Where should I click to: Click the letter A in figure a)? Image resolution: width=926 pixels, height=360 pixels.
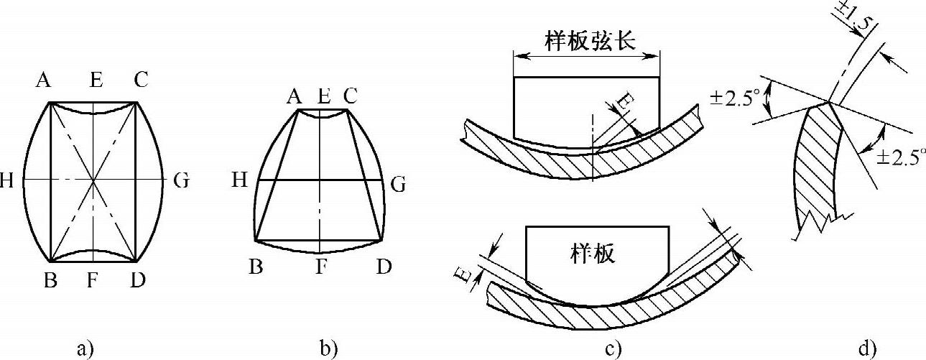pyautogui.click(x=44, y=80)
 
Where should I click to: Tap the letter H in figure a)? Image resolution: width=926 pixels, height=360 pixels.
pyautogui.click(x=8, y=180)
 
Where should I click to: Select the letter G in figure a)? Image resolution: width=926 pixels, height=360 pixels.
pyautogui.click(x=180, y=180)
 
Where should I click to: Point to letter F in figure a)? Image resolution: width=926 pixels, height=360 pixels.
pyautogui.click(x=92, y=280)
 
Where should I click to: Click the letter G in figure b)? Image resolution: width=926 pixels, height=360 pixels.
pyautogui.click(x=397, y=185)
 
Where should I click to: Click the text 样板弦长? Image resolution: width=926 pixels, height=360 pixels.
pyautogui.click(x=585, y=42)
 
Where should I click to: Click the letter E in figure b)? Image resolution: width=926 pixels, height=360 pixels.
pyautogui.click(x=324, y=94)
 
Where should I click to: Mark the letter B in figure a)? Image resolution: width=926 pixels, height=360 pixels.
pyautogui.click(x=50, y=280)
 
